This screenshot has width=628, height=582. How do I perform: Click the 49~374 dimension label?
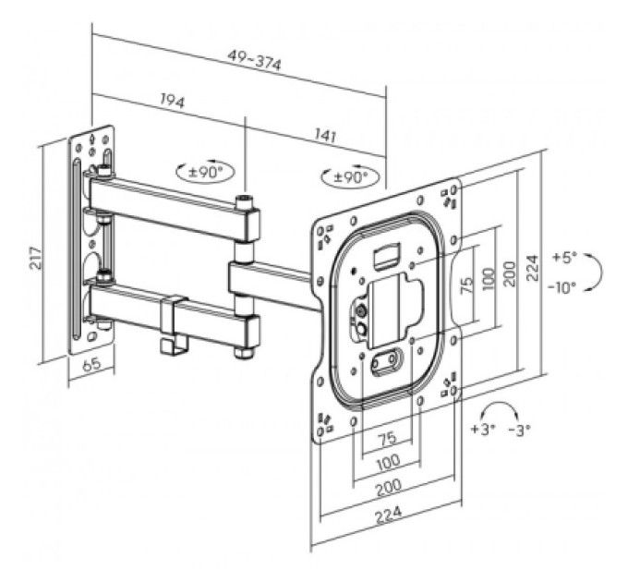[255, 60]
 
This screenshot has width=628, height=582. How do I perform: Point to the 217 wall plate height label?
[35, 258]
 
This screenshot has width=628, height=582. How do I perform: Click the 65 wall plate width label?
[91, 365]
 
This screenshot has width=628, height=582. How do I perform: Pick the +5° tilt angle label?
[564, 257]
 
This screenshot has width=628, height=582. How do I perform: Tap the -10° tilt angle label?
[562, 286]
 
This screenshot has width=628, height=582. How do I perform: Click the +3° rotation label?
[483, 429]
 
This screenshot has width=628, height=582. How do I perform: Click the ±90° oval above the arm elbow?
[205, 172]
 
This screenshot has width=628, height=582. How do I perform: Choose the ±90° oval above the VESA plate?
[350, 176]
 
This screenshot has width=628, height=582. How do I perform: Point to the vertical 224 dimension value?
[532, 268]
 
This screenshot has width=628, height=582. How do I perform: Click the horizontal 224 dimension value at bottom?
[388, 514]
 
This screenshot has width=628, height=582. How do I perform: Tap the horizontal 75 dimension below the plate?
[387, 437]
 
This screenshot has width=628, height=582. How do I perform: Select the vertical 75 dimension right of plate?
[467, 285]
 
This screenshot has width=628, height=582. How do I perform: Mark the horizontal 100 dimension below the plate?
[389, 462]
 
